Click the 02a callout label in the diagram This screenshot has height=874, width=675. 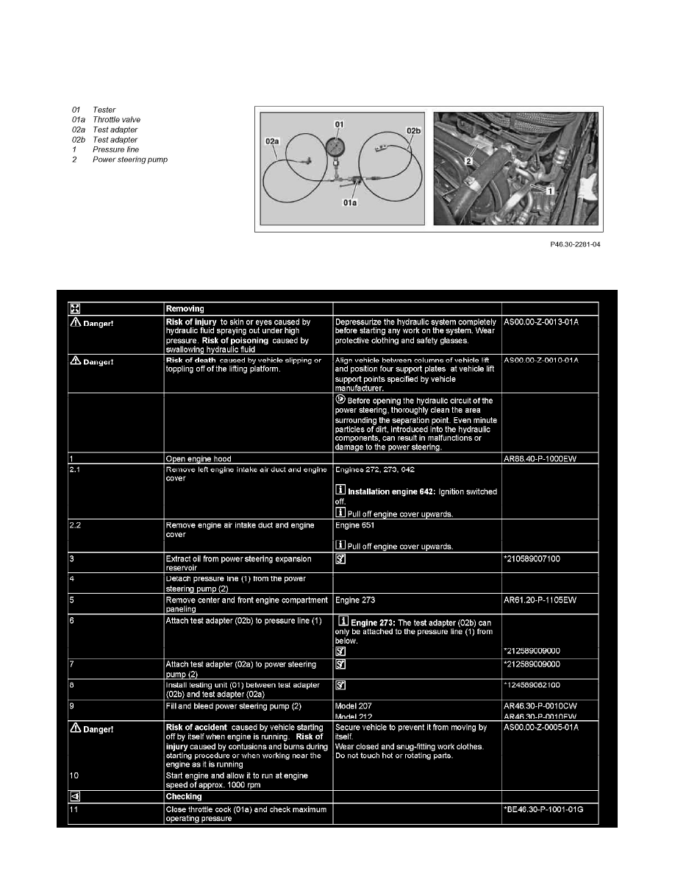tap(272, 139)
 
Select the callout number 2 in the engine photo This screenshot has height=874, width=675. tap(467, 158)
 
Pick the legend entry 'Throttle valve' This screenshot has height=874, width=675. tap(116, 119)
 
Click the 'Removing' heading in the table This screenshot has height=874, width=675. tap(184, 310)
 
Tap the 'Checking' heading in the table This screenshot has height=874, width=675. tap(184, 797)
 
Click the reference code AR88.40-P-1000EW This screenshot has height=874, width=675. tap(545, 458)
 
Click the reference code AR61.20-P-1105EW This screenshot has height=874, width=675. tap(545, 600)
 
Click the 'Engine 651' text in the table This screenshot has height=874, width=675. tap(356, 525)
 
